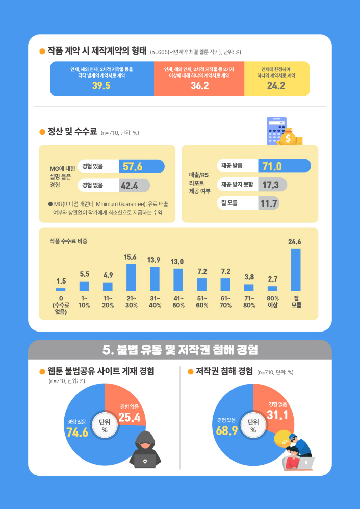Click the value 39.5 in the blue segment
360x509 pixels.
tap(101, 86)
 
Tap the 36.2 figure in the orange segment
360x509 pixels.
tap(199, 86)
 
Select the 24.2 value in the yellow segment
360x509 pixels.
tap(276, 86)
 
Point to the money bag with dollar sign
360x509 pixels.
tap(289, 137)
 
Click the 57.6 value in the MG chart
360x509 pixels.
tap(133, 167)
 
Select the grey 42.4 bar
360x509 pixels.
tap(134, 185)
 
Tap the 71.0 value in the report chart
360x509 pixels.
tap(272, 166)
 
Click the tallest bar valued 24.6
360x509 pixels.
tap(296, 270)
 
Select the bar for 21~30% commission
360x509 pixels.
tap(131, 277)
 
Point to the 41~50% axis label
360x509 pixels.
tap(178, 301)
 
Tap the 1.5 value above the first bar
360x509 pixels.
tap(61, 281)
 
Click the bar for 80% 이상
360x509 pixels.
tap(272, 288)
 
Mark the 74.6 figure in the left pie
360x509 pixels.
tap(77, 432)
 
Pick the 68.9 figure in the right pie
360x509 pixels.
tap(227, 431)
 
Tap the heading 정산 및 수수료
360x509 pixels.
tap(72, 132)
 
